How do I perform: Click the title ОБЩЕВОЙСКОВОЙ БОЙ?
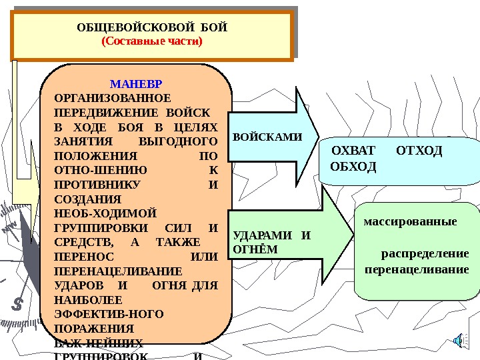pyautogui.click(x=152, y=28)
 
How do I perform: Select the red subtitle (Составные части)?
pyautogui.click(x=151, y=41)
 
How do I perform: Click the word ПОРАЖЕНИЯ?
pyautogui.click(x=83, y=329)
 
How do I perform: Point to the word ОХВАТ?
pyautogui.click(x=354, y=150)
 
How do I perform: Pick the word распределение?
pyautogui.click(x=425, y=254)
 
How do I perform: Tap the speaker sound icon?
pyautogui.click(x=459, y=341)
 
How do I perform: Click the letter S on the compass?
pyautogui.click(x=18, y=303)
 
